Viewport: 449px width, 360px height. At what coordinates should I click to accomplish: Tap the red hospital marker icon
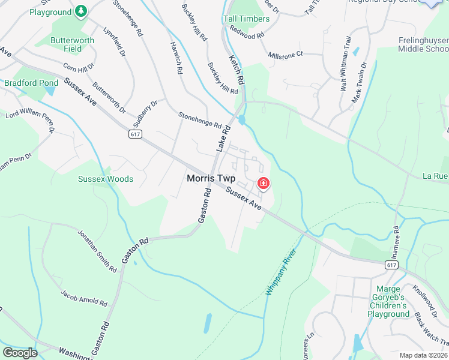click(263, 183)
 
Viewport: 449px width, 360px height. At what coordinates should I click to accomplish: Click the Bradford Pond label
click(31, 83)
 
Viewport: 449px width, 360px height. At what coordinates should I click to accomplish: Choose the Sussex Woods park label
click(106, 179)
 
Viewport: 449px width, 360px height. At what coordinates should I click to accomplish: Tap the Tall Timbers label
click(246, 19)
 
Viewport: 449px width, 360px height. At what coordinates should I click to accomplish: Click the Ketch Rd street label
click(237, 70)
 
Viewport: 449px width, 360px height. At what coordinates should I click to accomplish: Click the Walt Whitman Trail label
click(345, 72)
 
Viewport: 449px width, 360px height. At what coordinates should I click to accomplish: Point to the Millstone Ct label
click(286, 54)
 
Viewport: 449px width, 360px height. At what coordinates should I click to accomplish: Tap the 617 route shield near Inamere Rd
click(391, 265)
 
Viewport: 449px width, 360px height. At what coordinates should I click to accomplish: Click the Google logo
click(20, 352)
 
